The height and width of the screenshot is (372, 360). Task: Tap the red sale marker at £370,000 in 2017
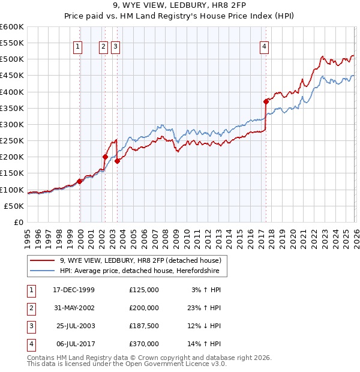pyautogui.click(x=265, y=102)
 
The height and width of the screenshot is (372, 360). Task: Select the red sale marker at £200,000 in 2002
pyautogui.click(x=105, y=157)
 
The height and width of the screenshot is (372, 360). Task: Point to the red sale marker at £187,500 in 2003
pyautogui.click(x=118, y=161)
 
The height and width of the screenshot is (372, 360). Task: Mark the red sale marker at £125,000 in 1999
pyautogui.click(x=80, y=181)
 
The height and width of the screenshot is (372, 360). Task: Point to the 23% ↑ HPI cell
pyautogui.click(x=203, y=308)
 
